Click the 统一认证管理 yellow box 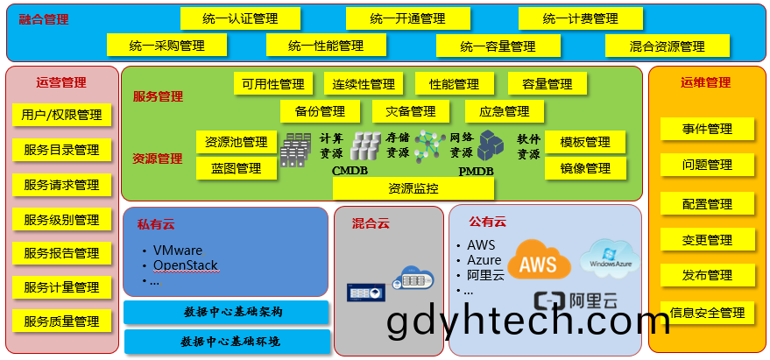pyautogui.click(x=240, y=18)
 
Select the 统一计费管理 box pyautogui.click(x=581, y=18)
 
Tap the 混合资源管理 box pyautogui.click(x=668, y=46)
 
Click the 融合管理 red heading pyautogui.click(x=44, y=19)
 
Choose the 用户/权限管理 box pyautogui.click(x=61, y=115)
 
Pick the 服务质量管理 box pyautogui.click(x=61, y=321)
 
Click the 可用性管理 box pyautogui.click(x=273, y=83)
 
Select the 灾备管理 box pyautogui.click(x=411, y=111)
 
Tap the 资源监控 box pyautogui.click(x=413, y=188)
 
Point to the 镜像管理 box pyautogui.click(x=585, y=168)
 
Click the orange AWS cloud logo pyautogui.click(x=539, y=259)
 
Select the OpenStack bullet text pyautogui.click(x=185, y=265)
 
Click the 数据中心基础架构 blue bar pyautogui.click(x=226, y=313)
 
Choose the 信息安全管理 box pyautogui.click(x=707, y=313)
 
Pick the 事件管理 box pyautogui.click(x=707, y=129)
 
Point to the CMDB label pyautogui.click(x=350, y=171)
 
